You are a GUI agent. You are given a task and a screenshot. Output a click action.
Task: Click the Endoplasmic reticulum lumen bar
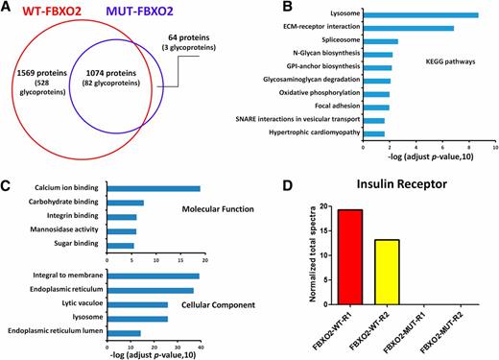click(124, 333)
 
